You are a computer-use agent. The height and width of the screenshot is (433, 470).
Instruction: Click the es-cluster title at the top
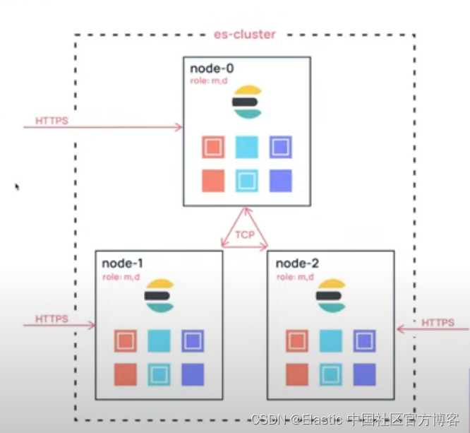243,34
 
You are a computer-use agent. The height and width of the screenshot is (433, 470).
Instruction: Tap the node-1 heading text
123,263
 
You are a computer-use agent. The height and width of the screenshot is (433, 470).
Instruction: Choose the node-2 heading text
297,263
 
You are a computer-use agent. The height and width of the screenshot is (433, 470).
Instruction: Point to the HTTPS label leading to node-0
52,121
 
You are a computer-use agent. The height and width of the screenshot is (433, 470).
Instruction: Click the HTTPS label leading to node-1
52,319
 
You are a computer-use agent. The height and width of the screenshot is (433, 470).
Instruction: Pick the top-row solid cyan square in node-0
246,148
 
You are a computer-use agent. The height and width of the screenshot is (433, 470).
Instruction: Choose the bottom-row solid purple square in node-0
280,181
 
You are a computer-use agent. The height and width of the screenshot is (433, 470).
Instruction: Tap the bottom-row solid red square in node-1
126,374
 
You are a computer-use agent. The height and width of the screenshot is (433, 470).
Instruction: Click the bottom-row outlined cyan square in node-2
331,374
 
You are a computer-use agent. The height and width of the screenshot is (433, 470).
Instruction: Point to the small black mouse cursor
17,187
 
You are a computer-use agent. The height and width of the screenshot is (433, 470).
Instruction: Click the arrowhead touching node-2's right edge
400,328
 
